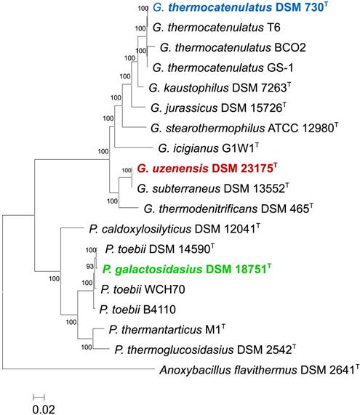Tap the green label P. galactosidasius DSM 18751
pos(188,269)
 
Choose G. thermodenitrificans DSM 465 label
pos(229,209)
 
